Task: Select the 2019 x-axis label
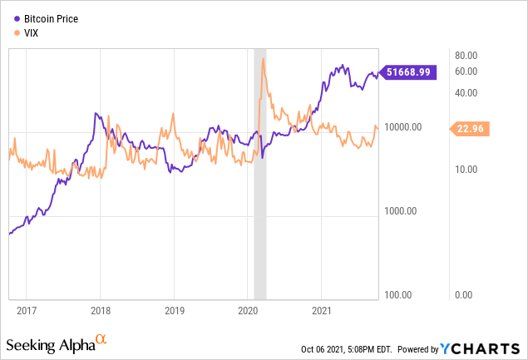[173, 309]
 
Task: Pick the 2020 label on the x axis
[248, 309]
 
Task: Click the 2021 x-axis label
[322, 309]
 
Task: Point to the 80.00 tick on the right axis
[466, 55]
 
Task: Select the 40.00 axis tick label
[466, 92]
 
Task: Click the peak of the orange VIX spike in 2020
[263, 58]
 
